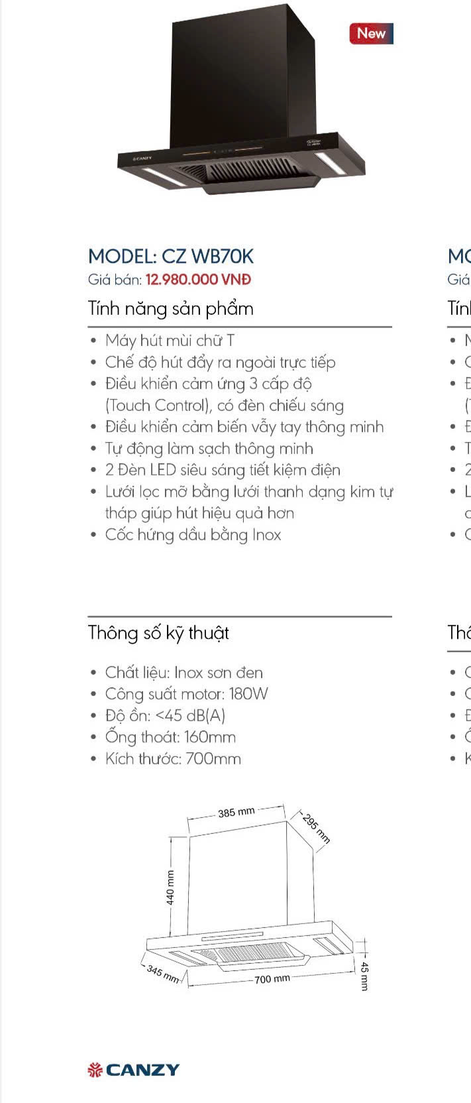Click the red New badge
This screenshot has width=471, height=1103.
pyautogui.click(x=371, y=33)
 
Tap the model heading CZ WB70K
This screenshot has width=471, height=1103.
pyautogui.click(x=171, y=257)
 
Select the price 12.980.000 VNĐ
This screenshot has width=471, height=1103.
pyautogui.click(x=198, y=280)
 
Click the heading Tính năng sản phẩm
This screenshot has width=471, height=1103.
pyautogui.click(x=170, y=309)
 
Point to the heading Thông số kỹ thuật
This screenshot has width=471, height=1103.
pyautogui.click(x=158, y=632)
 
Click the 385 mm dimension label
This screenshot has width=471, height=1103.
pyautogui.click(x=236, y=812)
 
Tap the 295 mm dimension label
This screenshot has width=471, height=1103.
pyautogui.click(x=315, y=827)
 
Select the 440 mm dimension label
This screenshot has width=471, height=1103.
pyautogui.click(x=170, y=888)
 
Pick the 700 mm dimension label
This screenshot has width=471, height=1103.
pyautogui.click(x=272, y=979)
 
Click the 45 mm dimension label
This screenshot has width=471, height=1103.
pyautogui.click(x=364, y=976)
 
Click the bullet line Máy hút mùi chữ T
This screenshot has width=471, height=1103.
pyautogui.click(x=170, y=341)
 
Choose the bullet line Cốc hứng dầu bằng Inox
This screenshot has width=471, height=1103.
pyautogui.click(x=193, y=535)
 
